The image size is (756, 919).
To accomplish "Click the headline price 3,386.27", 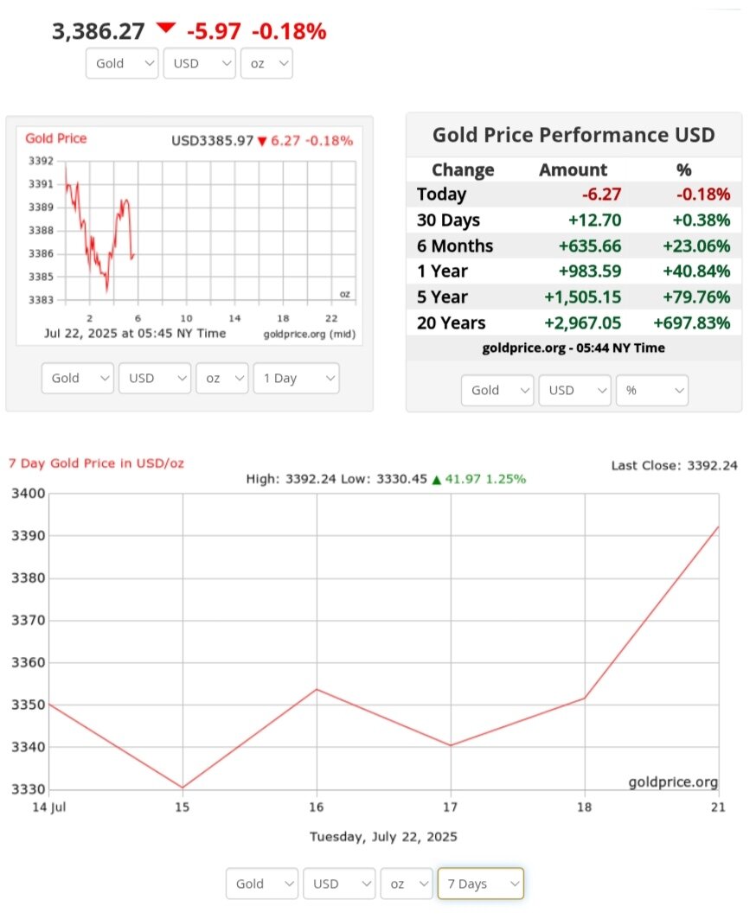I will [98, 32].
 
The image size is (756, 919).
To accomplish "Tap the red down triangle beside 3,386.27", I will [165, 29].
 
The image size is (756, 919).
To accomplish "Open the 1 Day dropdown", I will [296, 379].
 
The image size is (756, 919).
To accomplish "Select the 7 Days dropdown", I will [480, 884].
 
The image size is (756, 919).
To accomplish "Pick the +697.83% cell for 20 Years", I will [695, 323].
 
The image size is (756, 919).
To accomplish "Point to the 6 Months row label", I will [454, 246].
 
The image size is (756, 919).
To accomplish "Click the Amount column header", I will [573, 170].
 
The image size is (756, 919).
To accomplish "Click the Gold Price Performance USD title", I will [573, 135].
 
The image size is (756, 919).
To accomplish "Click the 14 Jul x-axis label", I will [49, 807].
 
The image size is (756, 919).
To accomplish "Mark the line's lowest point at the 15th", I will [183, 788].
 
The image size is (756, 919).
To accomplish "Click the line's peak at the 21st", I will [718, 527].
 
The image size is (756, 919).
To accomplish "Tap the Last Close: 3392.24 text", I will [674, 465].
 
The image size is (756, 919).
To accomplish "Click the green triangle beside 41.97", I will [437, 479].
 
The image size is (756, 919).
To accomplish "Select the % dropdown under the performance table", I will [651, 390].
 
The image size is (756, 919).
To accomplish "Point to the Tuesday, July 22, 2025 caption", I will [383, 837].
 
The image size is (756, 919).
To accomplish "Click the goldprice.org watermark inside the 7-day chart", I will [673, 782].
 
